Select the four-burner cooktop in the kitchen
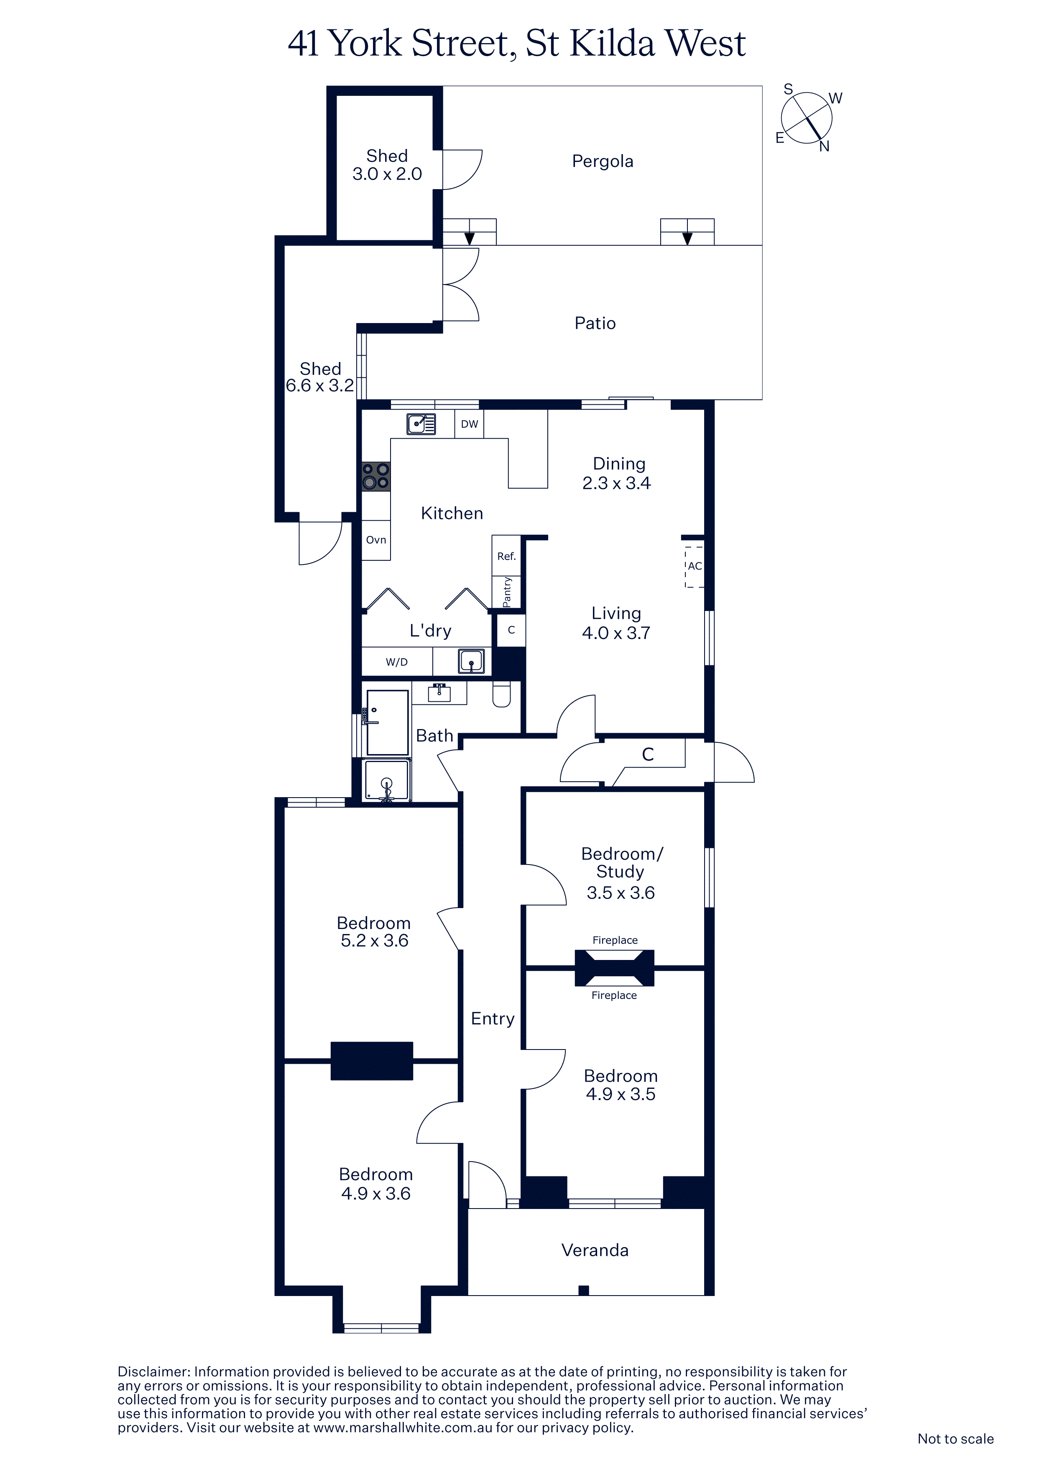tap(375, 476)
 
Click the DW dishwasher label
tap(469, 424)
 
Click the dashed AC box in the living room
tap(695, 567)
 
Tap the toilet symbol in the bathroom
tap(502, 694)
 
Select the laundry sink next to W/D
tap(472, 661)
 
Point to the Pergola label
tap(603, 161)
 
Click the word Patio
tap(595, 323)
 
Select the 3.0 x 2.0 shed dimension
tap(387, 174)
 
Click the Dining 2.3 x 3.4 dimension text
tap(617, 483)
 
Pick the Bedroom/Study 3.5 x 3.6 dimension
tap(621, 893)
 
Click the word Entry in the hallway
tap(493, 1019)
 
